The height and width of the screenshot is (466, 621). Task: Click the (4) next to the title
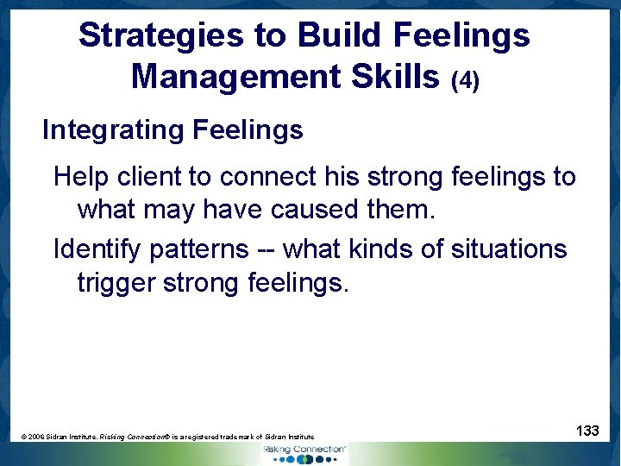[x=466, y=81]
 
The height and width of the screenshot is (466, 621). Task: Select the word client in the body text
[x=146, y=177]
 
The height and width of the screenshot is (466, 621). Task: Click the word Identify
[x=97, y=249]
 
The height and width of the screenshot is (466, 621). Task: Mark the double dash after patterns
[x=266, y=250]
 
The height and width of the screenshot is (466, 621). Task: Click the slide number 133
[x=587, y=431]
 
